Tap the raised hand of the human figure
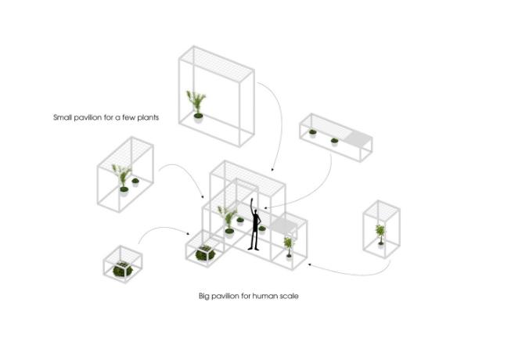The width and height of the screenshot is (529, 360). pyautogui.click(x=251, y=201)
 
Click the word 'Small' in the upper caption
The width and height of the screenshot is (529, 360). pyautogui.click(x=63, y=117)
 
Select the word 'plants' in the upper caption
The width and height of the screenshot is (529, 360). pyautogui.click(x=148, y=117)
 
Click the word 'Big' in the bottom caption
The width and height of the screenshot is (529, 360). pyautogui.click(x=204, y=297)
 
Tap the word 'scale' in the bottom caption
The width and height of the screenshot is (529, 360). pyautogui.click(x=289, y=296)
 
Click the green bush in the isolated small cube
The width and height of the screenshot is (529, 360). pyautogui.click(x=122, y=269)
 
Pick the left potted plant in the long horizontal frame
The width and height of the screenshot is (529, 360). pyautogui.click(x=312, y=132)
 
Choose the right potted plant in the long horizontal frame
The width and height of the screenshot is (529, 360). pyautogui.click(x=334, y=141)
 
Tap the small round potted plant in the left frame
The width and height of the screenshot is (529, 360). pyautogui.click(x=135, y=182)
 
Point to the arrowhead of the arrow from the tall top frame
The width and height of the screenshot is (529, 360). pyautogui.click(x=272, y=169)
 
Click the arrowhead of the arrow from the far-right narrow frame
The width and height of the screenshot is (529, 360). pyautogui.click(x=309, y=265)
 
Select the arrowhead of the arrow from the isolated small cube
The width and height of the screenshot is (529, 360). pyautogui.click(x=188, y=233)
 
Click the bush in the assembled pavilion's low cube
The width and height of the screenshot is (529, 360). pyautogui.click(x=205, y=254)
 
